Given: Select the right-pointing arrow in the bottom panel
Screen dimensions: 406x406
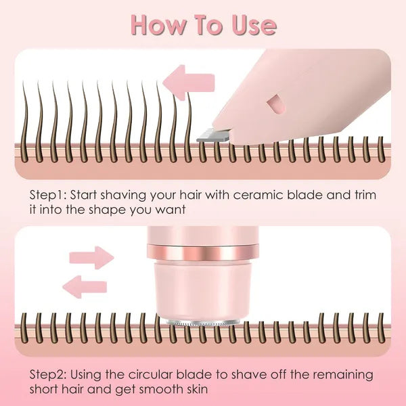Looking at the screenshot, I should click(x=92, y=258).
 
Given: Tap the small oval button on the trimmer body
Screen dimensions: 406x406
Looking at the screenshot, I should click(x=273, y=102).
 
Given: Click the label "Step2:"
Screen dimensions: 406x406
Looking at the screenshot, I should click(x=50, y=374).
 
